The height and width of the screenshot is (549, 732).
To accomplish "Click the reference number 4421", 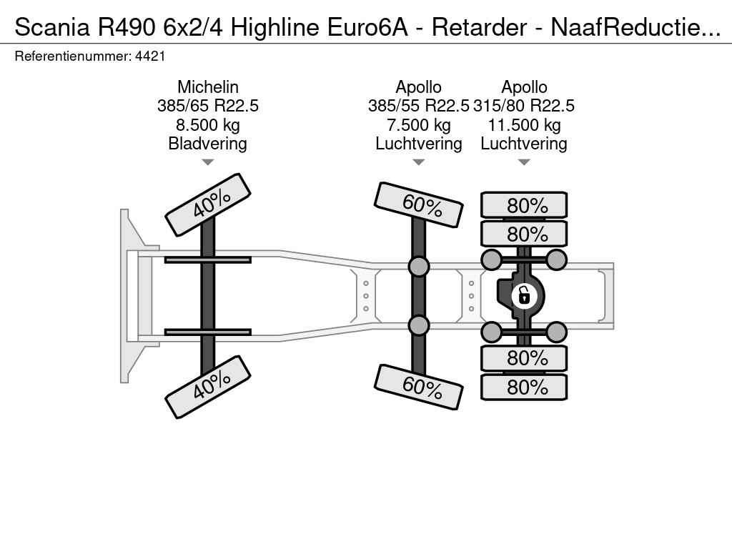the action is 150,56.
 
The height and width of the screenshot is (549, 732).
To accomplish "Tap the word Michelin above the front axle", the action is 208,86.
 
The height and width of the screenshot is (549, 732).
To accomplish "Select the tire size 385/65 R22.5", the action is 208,106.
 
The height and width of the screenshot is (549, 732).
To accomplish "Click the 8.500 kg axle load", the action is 208,124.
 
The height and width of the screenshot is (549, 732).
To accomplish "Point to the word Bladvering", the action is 208,143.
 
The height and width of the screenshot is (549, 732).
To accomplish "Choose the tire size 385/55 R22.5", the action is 418,106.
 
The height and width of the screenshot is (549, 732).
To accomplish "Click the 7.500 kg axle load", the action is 419,124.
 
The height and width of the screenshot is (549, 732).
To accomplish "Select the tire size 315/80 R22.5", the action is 524,106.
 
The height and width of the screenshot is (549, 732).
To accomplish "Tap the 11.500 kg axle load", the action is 524,124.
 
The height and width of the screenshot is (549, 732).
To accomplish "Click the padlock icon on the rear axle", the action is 524,295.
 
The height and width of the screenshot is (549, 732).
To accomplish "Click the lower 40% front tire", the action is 208,387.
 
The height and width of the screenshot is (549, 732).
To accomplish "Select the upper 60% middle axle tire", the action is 418,204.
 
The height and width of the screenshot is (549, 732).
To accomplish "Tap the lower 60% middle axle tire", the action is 418,387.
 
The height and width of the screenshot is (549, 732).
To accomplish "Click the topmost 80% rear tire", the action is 524,205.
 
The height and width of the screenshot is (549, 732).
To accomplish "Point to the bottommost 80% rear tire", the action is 524,387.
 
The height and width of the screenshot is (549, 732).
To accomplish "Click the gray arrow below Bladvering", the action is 208,162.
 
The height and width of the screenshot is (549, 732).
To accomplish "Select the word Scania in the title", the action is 52,27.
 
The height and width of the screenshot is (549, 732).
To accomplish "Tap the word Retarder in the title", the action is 480,27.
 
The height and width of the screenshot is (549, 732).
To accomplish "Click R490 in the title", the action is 126,27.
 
